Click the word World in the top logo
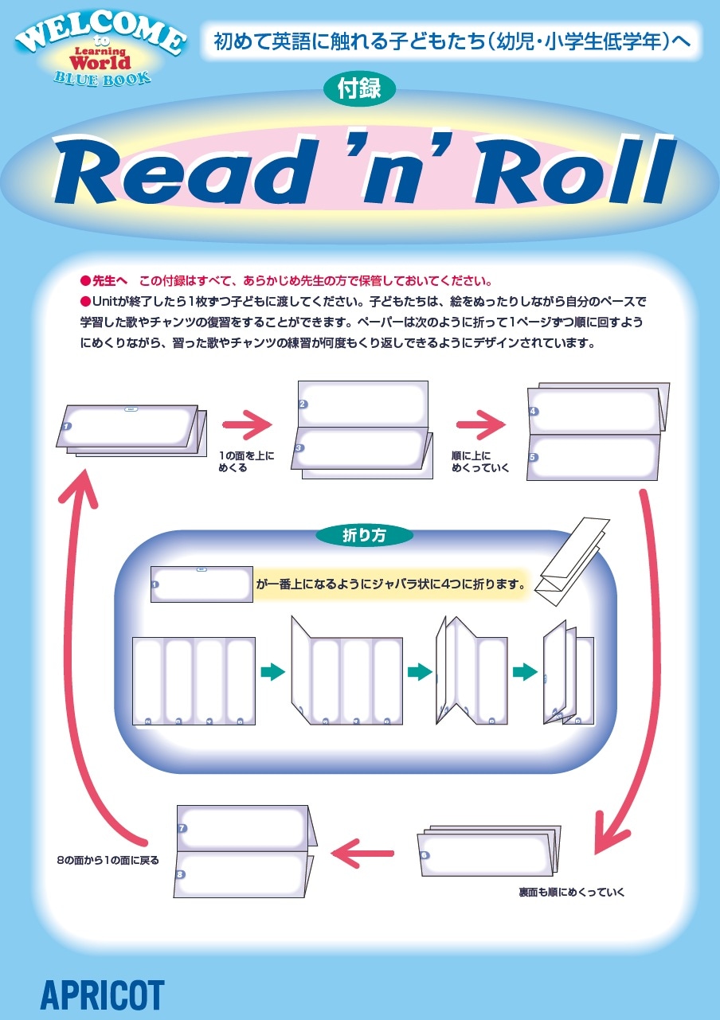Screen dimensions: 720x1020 [x=100, y=62]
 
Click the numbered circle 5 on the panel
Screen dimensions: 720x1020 [x=534, y=457]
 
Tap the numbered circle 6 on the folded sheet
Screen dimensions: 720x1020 [x=425, y=854]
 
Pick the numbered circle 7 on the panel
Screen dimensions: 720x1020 [x=182, y=828]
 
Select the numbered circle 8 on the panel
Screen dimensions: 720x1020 [x=180, y=874]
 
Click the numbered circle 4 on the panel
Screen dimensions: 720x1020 [x=534, y=411]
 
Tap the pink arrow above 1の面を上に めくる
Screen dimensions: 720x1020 [x=247, y=425]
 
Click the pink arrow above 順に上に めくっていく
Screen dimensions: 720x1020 [x=481, y=425]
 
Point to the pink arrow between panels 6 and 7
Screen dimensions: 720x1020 [x=362, y=853]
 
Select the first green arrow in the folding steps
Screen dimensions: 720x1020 [x=273, y=672]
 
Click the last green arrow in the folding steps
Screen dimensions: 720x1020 [x=525, y=672]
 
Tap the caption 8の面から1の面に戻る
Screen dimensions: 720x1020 [x=108, y=860]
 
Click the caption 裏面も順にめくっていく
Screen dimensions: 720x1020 [x=572, y=892]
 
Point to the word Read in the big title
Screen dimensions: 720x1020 [x=182, y=170]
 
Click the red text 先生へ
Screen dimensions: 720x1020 [x=110, y=281]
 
